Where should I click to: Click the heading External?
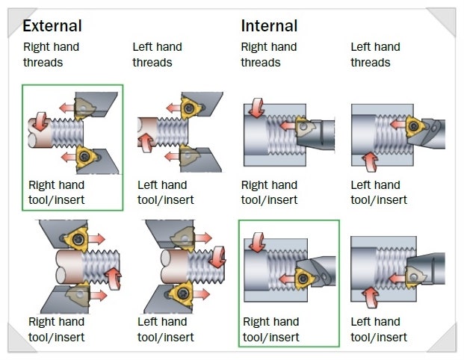pyautogui.click(x=52, y=26)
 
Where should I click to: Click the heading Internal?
pyautogui.click(x=269, y=26)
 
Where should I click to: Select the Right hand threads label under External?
pyautogui.click(x=51, y=55)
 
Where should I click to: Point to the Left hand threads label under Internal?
pyautogui.click(x=377, y=55)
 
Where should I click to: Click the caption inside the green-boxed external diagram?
pyautogui.click(x=57, y=192)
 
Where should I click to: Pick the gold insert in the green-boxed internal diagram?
pyautogui.click(x=302, y=279)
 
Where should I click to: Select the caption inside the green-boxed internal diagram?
pyautogui.click(x=271, y=329)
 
